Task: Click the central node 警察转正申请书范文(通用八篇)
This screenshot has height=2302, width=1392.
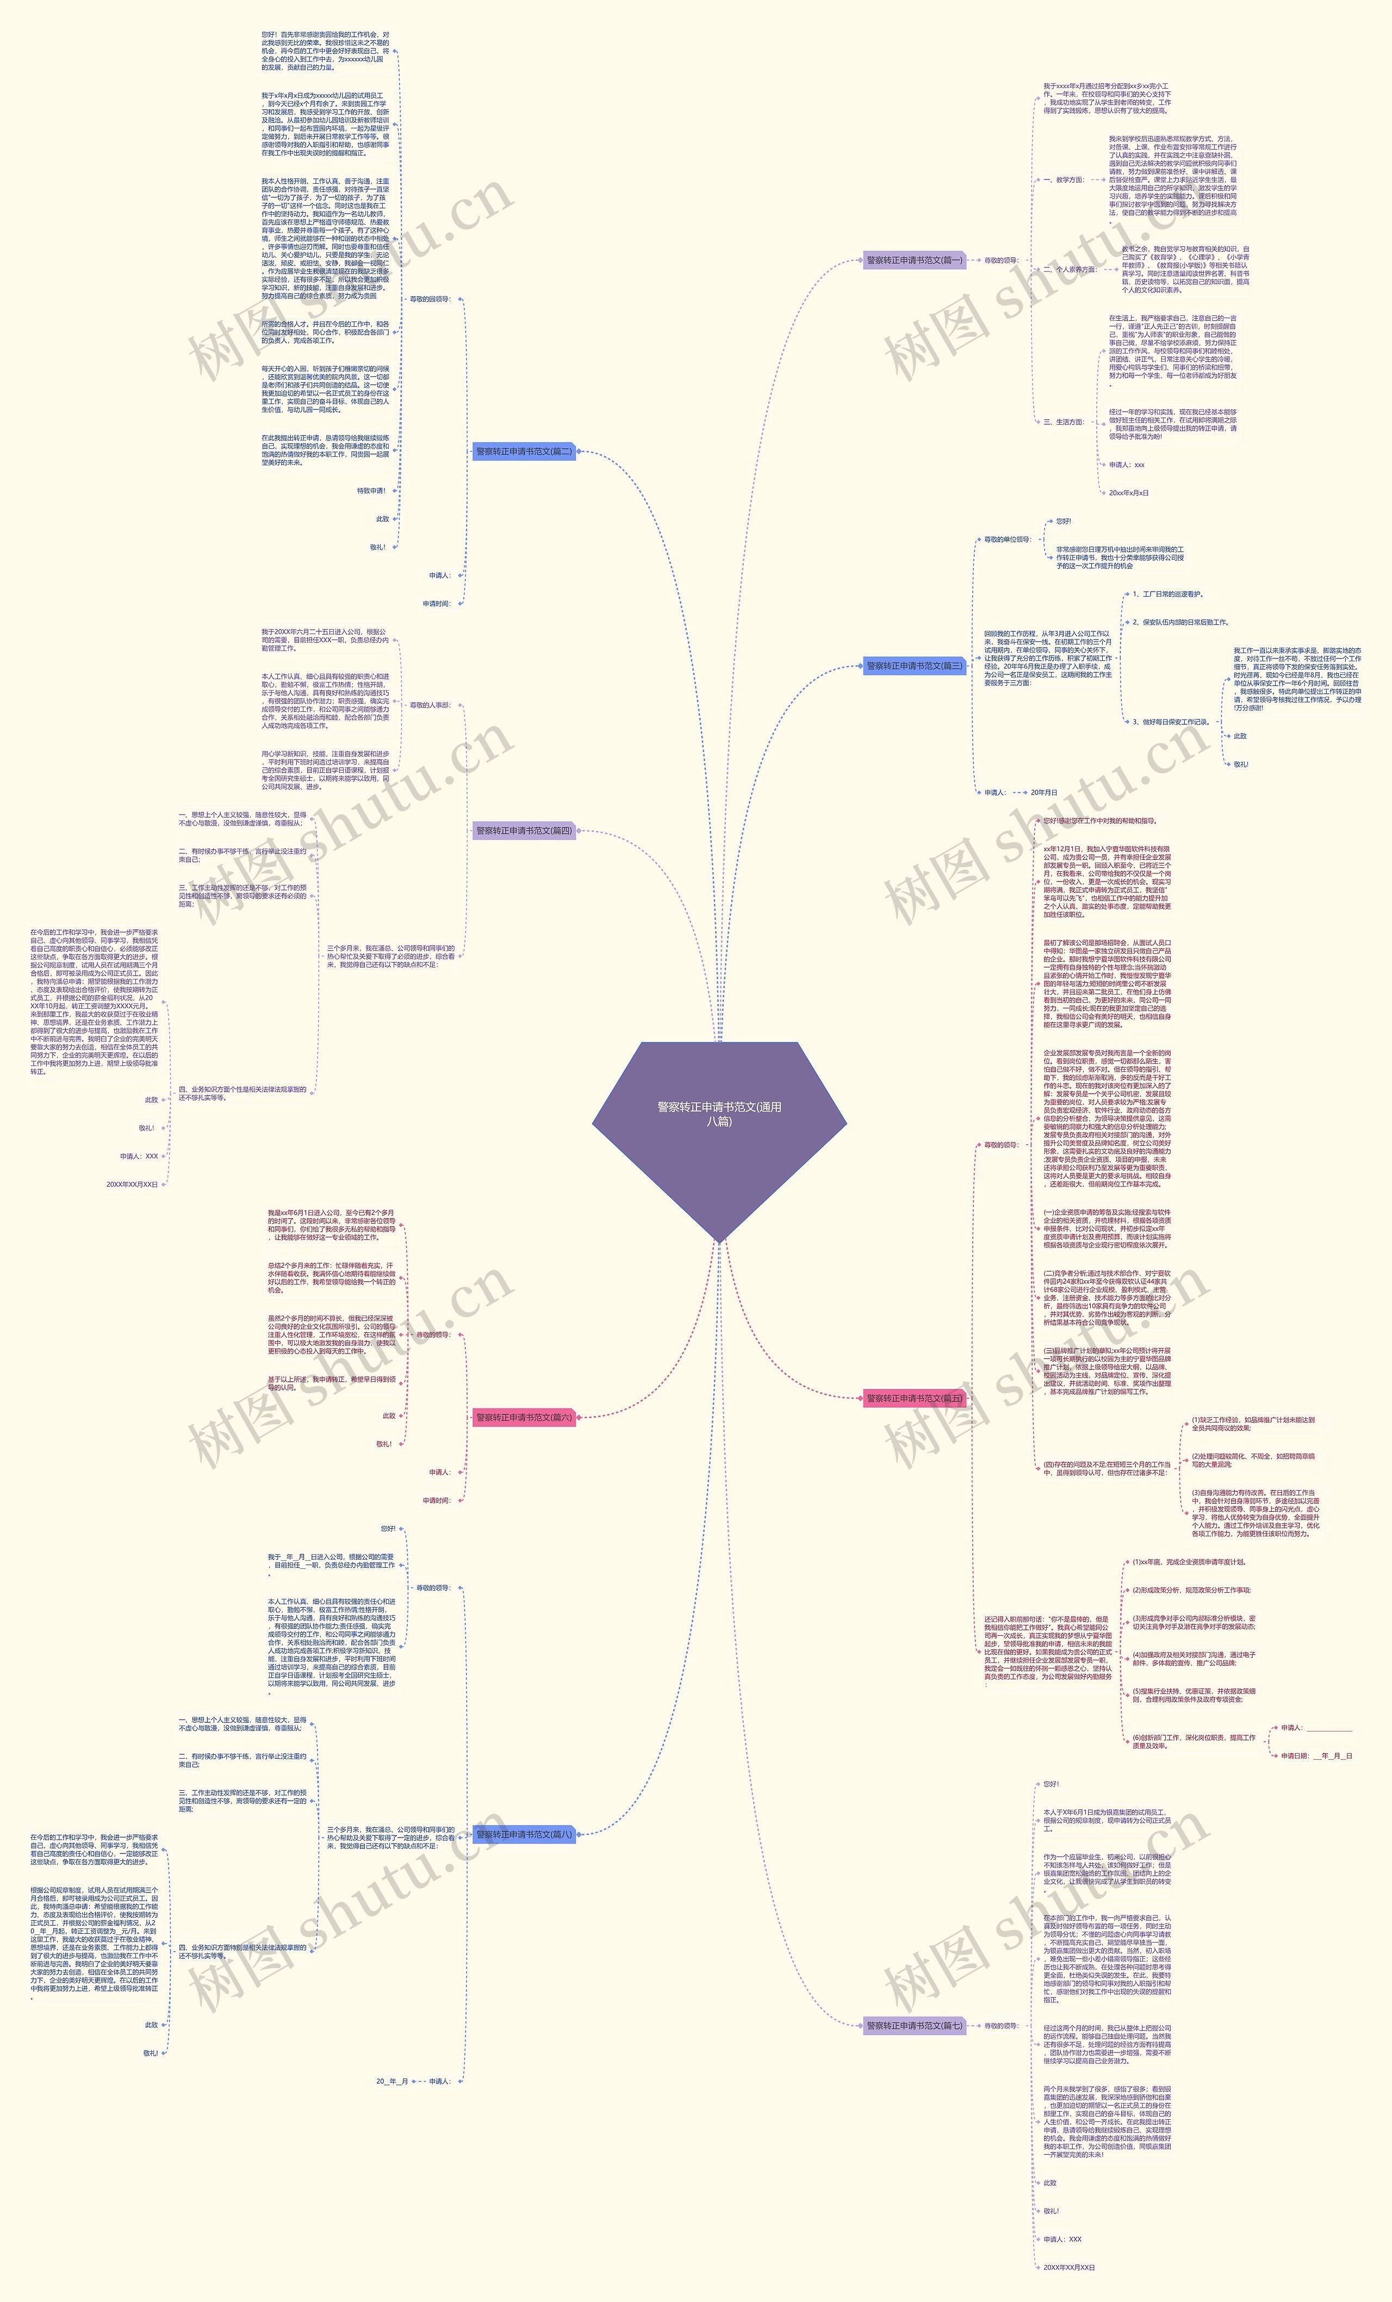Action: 719,1114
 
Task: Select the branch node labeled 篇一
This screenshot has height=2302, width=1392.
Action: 913,260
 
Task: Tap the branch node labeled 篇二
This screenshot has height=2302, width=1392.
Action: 524,451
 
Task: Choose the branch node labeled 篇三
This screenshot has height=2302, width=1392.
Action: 913,666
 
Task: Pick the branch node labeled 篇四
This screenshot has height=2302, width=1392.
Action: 524,830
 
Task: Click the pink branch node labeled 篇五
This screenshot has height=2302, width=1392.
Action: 913,1399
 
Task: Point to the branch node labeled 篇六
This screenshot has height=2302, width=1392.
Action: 524,1417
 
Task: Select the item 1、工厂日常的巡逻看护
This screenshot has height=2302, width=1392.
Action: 1168,594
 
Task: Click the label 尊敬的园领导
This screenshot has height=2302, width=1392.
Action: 430,299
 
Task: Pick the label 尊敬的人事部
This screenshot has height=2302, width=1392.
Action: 430,705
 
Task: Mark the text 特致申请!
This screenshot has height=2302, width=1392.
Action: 371,491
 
